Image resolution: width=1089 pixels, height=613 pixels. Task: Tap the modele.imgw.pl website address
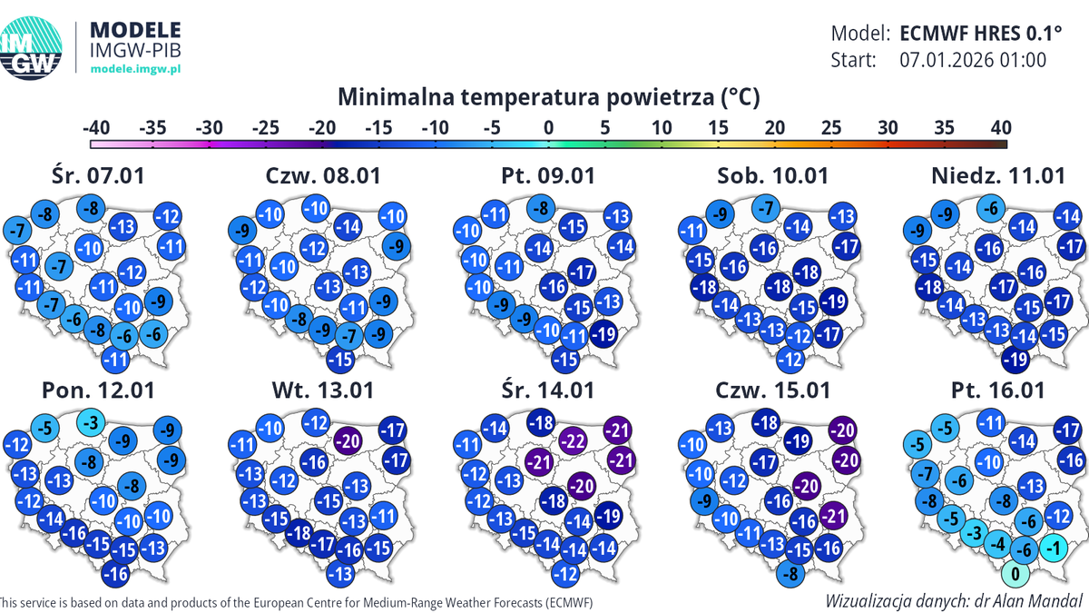[137, 69]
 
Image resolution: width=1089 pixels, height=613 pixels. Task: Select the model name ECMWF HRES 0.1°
[980, 34]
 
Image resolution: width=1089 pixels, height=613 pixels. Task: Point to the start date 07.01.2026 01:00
[973, 61]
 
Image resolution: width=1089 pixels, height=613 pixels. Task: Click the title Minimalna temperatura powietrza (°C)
[548, 96]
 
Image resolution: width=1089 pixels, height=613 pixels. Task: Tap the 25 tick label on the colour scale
[830, 127]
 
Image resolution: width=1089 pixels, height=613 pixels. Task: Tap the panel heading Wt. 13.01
[323, 390]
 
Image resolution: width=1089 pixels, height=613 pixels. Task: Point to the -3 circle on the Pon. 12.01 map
[89, 423]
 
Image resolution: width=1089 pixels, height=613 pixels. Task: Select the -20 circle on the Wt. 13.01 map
[348, 440]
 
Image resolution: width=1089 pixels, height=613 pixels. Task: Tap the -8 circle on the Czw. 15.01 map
[792, 573]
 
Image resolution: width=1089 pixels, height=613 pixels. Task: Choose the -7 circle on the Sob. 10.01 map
[768, 209]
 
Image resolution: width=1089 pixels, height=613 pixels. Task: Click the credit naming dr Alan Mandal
[954, 600]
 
